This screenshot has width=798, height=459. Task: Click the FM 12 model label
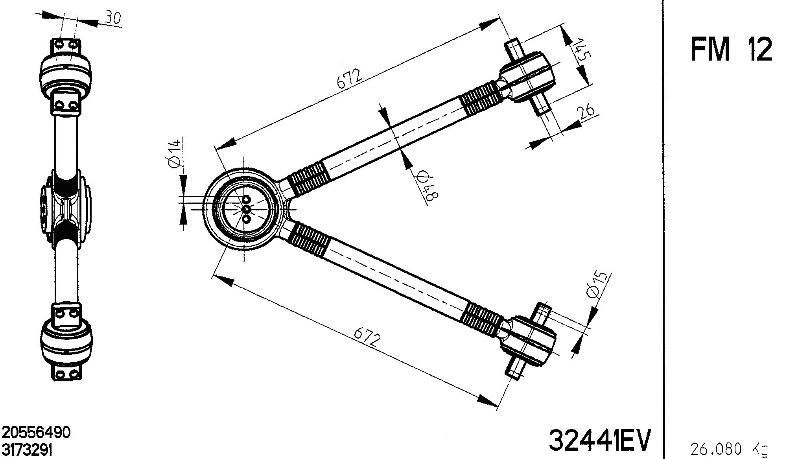click(731, 50)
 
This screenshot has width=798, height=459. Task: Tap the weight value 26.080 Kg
click(729, 448)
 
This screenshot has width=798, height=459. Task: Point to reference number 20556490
click(37, 433)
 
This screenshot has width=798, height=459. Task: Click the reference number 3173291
click(27, 449)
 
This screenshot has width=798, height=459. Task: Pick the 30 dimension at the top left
click(113, 17)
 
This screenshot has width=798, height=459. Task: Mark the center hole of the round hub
click(247, 208)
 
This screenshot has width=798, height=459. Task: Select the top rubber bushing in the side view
click(65, 73)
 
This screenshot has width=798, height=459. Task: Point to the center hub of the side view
click(66, 207)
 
